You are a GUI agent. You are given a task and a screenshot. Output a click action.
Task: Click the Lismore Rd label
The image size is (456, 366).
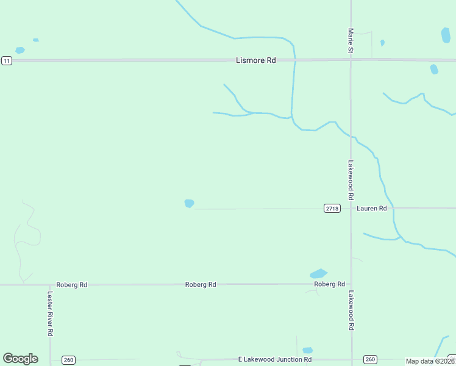point(255,60)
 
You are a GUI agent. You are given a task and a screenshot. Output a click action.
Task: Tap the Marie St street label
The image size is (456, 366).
point(351,40)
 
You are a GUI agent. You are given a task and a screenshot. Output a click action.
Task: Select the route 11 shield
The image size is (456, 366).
point(7,60)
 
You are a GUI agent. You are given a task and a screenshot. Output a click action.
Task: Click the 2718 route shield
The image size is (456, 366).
point(332,209)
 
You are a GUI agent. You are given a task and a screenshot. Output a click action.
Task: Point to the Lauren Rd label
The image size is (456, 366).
point(372,209)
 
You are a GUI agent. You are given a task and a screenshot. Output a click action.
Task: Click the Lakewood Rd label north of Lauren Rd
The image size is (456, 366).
point(351,181)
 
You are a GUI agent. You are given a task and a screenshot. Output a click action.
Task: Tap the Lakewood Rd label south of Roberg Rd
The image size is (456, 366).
point(351,310)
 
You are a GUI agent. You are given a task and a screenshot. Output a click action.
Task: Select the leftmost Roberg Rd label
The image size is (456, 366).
point(71,285)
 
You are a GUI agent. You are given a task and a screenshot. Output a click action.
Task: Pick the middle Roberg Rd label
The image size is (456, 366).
point(201,285)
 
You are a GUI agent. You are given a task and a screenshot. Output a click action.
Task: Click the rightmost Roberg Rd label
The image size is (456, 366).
point(329,284)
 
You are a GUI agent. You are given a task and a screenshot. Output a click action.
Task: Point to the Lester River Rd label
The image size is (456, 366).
point(51,312)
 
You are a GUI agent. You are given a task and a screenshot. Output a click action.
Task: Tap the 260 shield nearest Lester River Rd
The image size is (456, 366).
point(68,360)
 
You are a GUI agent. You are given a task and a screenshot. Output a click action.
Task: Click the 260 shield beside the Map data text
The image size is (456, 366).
point(370,359)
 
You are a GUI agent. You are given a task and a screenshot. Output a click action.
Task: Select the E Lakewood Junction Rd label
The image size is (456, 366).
point(274,359)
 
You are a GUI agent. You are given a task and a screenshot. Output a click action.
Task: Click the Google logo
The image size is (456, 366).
point(20,359)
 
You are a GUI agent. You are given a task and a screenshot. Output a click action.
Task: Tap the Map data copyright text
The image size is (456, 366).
point(430,361)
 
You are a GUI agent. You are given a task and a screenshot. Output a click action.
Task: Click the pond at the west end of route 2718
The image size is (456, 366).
point(189,203)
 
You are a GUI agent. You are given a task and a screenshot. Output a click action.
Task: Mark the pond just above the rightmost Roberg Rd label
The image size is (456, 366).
point(318,273)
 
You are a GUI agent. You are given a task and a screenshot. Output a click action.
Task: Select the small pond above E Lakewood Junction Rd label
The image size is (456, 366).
point(308,350)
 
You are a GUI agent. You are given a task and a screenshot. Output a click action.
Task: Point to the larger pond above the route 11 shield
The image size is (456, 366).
point(20,50)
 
